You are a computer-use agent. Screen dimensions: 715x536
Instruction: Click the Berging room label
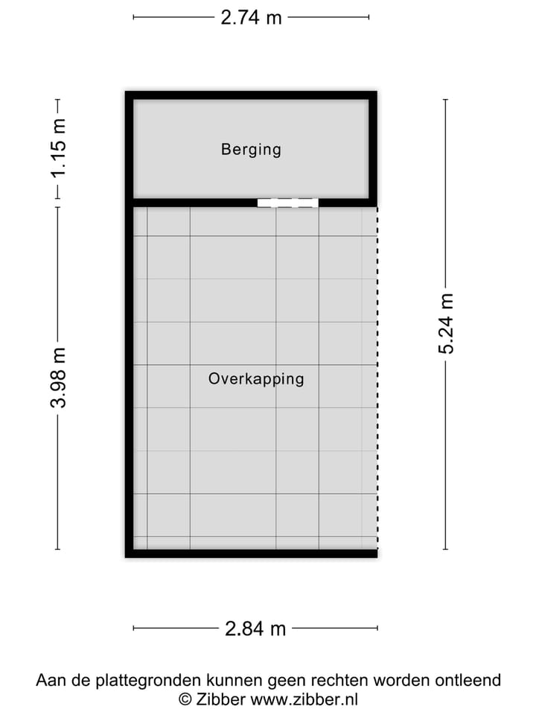click(251, 149)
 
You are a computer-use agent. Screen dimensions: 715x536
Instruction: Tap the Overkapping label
click(256, 378)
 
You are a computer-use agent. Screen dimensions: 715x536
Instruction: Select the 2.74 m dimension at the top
click(251, 17)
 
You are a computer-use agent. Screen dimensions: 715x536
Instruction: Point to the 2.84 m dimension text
click(255, 629)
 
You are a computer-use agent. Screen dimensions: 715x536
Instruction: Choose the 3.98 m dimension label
click(58, 378)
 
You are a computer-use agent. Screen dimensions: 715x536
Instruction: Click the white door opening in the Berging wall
click(287, 203)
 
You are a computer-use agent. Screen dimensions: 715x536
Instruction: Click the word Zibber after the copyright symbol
click(221, 699)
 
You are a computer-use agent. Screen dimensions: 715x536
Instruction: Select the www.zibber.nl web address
click(304, 699)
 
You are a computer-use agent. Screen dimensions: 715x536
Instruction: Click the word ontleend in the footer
click(469, 680)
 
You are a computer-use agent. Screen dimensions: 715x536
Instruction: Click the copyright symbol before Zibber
click(185, 699)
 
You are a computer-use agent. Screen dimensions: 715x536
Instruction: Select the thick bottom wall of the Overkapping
click(251, 553)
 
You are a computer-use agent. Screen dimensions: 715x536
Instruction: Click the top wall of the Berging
click(251, 95)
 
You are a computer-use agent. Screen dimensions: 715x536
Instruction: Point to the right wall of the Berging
click(373, 149)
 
